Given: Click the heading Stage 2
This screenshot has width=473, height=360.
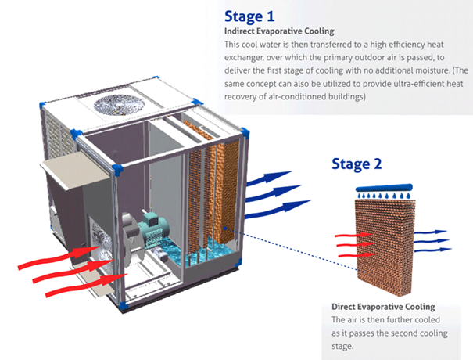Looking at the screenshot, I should click(x=357, y=164).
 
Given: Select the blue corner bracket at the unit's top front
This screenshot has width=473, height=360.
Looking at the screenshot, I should click(x=115, y=169).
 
